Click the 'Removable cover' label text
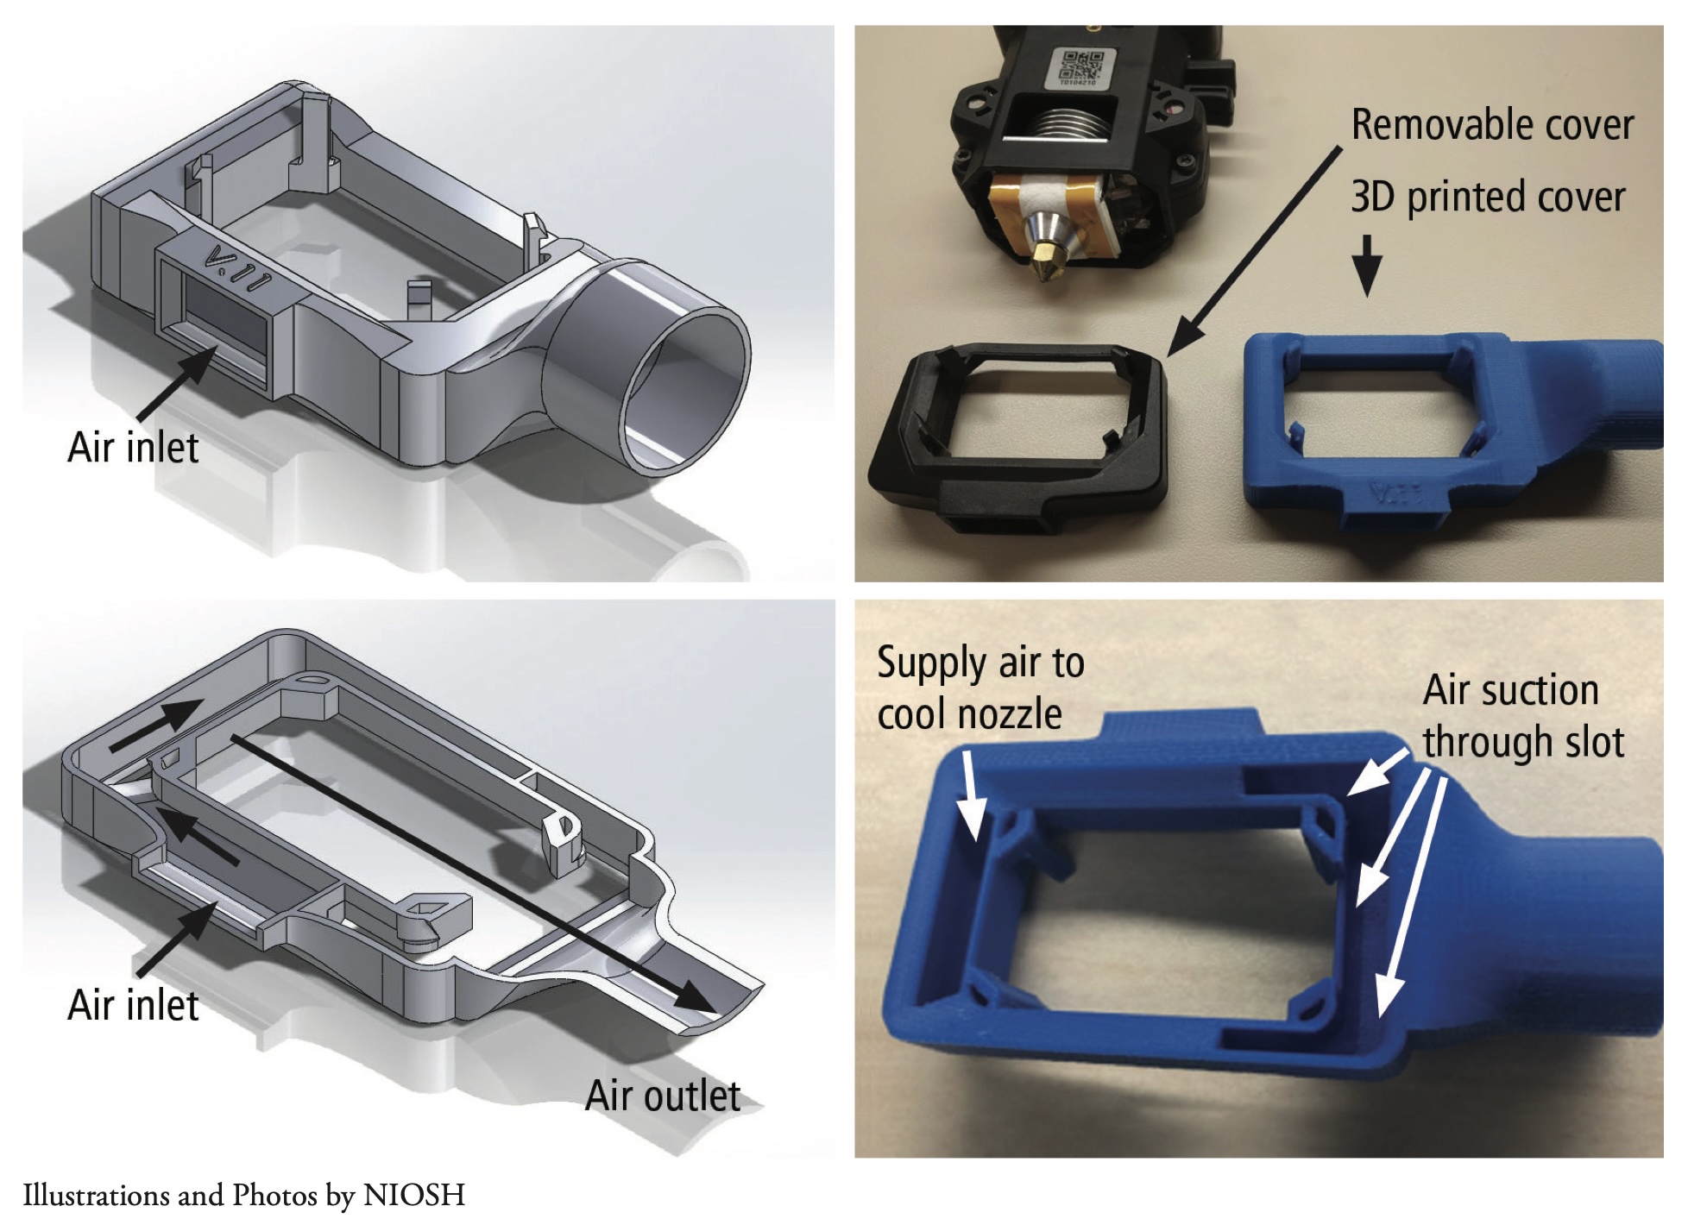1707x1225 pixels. pos(1492,126)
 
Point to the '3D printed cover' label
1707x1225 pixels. pos(1488,198)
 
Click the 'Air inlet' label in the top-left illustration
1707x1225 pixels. pos(133,448)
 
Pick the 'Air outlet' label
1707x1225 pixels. pos(663,1096)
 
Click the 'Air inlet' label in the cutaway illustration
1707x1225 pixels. pos(133,1006)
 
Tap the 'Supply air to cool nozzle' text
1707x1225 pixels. pos(980,688)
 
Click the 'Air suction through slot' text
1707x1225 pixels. pos(1523,716)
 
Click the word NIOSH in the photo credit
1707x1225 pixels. pos(414,1195)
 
